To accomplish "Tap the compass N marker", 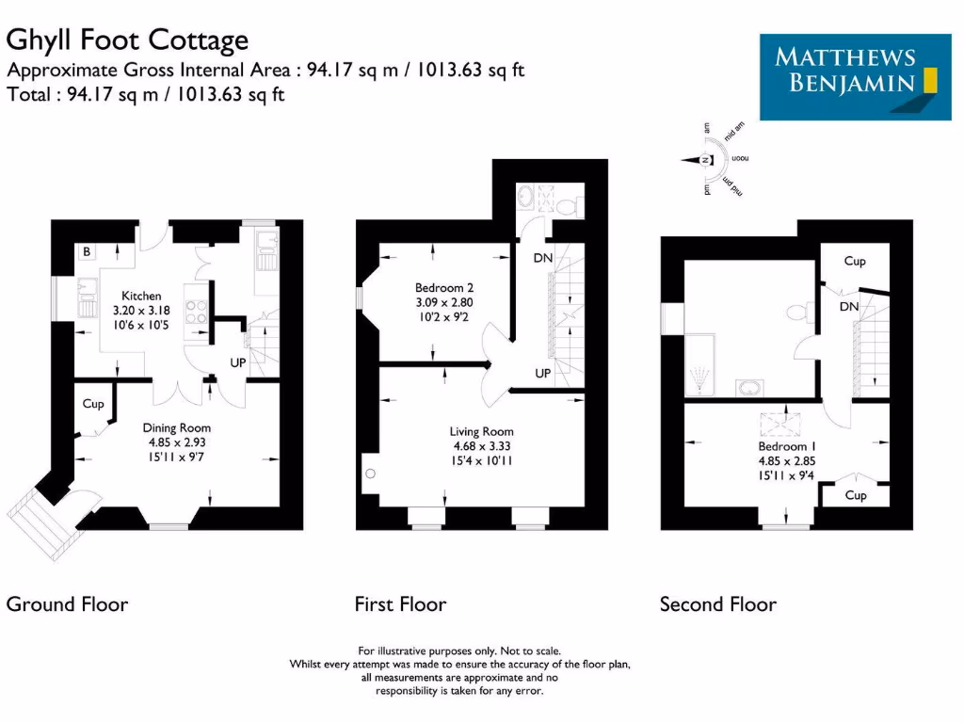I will click(704, 160).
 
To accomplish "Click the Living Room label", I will click(481, 432).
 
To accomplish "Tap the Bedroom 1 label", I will click(783, 445).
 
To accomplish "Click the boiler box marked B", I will click(86, 251).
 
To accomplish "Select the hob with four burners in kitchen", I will click(198, 311).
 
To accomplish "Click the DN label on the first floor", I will click(542, 258).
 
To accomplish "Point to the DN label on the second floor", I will click(848, 307).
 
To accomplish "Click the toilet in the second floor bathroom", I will click(796, 312).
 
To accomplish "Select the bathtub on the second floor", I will click(699, 366).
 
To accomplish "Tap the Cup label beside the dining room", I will click(92, 404).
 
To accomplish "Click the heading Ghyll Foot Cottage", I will click(128, 40).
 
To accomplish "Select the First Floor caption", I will click(400, 603).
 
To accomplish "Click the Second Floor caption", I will click(718, 603).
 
